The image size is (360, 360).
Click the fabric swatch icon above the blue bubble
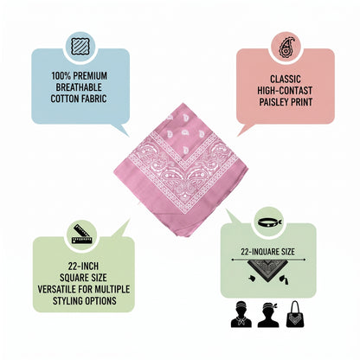click(79, 47)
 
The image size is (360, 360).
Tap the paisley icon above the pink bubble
click(286, 47)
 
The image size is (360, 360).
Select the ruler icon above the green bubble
click(82, 234)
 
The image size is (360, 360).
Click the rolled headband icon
click(270, 222)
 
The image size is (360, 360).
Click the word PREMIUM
click(90, 76)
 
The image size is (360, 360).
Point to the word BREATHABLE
click(79, 87)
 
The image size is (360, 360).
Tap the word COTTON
click(64, 99)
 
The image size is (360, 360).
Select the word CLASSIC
click(286, 79)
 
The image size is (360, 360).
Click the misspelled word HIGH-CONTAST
click(285, 91)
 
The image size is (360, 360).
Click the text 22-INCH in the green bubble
click(83, 266)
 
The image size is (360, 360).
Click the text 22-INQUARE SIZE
click(267, 252)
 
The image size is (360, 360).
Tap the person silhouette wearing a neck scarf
click(241, 314)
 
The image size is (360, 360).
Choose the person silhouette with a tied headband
click(268, 314)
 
